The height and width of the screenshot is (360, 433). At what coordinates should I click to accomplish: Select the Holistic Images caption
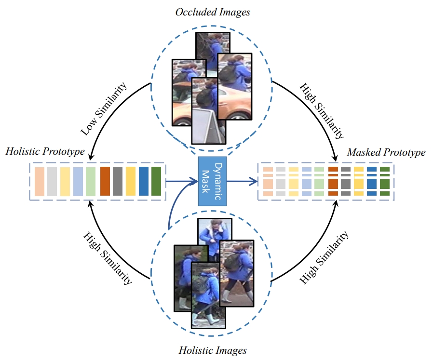pos(213,350)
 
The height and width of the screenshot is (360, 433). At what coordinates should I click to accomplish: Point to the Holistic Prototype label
pos(45,152)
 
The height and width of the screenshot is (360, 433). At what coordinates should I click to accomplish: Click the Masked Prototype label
pos(386,152)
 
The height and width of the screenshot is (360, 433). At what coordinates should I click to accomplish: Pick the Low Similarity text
pos(103,109)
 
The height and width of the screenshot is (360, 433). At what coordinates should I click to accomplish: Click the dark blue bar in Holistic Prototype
pos(143,181)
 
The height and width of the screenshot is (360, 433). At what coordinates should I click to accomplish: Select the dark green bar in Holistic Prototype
pos(156,181)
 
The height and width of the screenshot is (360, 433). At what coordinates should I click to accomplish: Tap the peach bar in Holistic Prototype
pos(40,181)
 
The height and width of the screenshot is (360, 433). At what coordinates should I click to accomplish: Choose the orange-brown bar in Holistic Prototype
pos(105,181)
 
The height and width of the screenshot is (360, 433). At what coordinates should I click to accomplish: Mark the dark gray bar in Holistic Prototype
pos(118,181)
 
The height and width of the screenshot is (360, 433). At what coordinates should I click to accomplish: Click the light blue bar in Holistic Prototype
pos(78,181)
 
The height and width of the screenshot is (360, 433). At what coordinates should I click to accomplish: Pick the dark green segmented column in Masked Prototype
pos(384,181)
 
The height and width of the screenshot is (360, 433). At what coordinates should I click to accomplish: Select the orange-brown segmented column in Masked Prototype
pos(332,181)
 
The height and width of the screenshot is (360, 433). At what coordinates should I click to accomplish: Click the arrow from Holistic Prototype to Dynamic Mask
pos(181,182)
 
